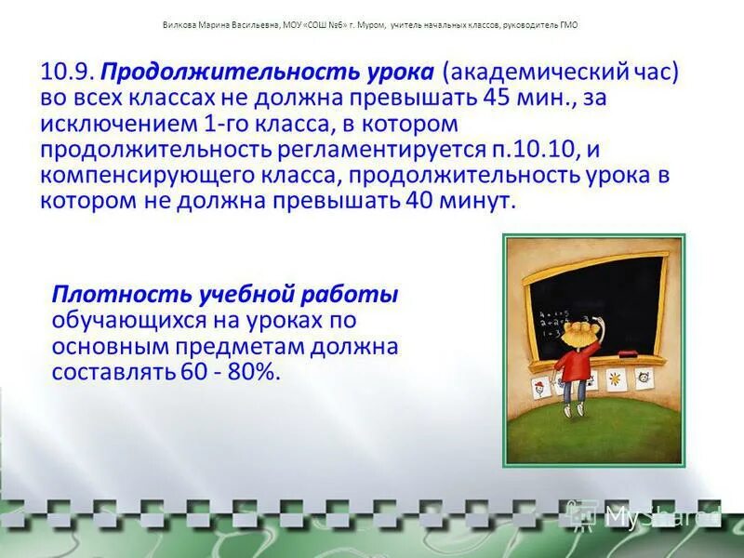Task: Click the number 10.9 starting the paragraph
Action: point(67,73)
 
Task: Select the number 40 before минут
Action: point(421,201)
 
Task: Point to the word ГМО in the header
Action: point(567,25)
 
